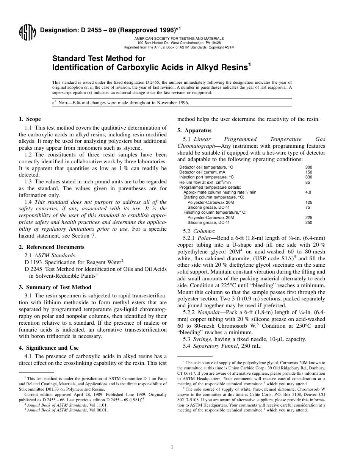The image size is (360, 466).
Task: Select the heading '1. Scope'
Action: [x=30, y=119]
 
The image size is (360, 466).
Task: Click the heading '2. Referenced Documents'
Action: [x=52, y=247]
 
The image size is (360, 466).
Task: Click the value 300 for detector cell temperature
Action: [x=308, y=167]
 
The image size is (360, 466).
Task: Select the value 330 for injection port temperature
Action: [x=308, y=177]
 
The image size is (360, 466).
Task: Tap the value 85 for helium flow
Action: [x=307, y=182]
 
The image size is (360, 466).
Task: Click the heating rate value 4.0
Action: [x=308, y=192]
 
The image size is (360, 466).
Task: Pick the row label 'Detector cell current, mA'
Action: [x=201, y=172]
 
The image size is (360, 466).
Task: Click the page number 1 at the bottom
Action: [x=172, y=447]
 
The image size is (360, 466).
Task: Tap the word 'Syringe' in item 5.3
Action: [x=202, y=339]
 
